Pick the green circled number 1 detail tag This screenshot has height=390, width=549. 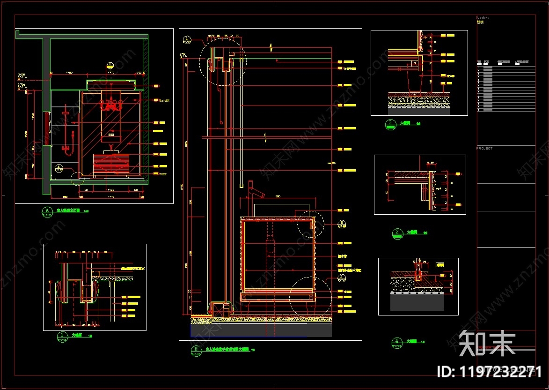[62, 336]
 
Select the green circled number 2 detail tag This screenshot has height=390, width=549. [397, 232]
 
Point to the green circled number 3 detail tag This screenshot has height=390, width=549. [389, 123]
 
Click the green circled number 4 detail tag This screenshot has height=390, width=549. [397, 341]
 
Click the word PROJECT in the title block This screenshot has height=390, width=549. [484, 148]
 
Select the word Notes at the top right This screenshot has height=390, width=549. [482, 18]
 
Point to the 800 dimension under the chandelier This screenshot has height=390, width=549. [111, 135]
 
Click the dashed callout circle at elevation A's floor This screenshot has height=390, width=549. [78, 178]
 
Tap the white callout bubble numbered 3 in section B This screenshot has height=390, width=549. [342, 223]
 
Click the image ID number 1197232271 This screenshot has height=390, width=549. [489, 372]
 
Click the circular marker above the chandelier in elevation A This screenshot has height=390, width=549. [110, 65]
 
